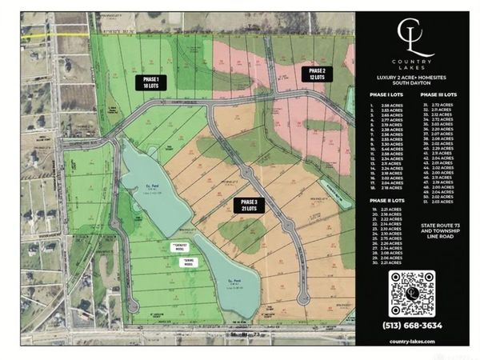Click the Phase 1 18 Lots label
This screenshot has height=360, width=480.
point(150,82)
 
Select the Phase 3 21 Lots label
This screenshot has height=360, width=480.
point(246,204)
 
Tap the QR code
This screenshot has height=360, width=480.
point(414,293)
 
